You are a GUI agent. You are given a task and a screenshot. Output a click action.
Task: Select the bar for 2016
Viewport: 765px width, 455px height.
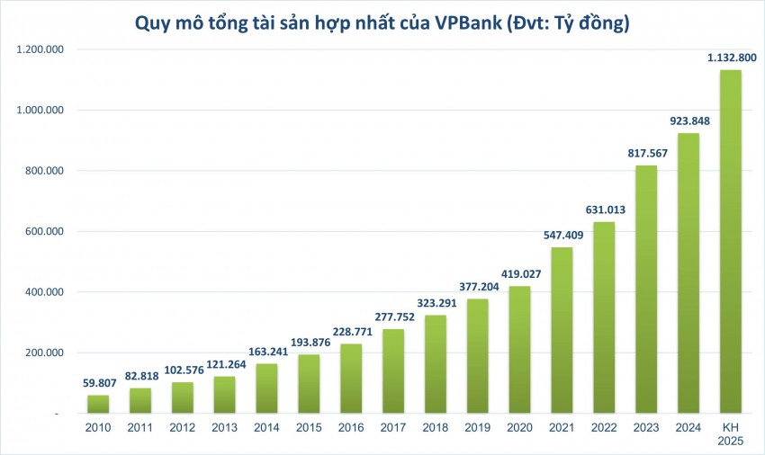tap(350, 378)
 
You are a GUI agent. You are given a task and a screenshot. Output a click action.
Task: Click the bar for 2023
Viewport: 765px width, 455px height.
tap(645, 289)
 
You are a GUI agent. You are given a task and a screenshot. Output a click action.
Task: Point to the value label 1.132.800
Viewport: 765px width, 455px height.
tap(730, 58)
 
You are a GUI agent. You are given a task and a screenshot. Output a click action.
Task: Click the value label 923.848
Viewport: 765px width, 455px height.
tap(688, 120)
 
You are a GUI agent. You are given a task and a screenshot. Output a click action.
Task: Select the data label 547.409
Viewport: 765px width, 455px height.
tap(561, 235)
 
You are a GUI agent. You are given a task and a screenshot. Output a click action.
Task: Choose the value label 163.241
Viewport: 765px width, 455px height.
tap(265, 352)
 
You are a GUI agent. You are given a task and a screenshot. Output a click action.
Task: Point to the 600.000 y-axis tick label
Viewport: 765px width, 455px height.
tap(42, 231)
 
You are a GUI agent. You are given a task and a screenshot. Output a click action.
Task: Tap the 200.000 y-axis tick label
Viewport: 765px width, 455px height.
tap(42, 352)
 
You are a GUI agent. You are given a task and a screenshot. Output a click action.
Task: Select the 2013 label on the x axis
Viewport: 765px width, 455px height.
tap(223, 429)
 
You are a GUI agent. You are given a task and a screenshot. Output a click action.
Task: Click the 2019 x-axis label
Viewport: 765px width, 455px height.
tap(477, 429)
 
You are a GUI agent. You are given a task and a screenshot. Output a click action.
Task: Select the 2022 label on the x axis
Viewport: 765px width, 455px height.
tap(603, 429)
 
